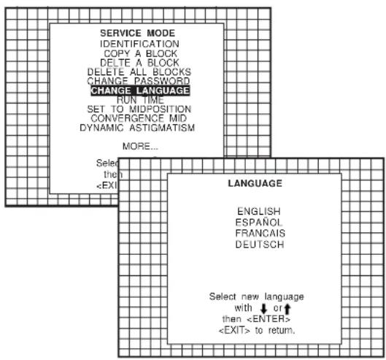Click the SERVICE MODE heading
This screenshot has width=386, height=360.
[137, 33]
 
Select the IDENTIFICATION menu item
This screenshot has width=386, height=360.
[139, 44]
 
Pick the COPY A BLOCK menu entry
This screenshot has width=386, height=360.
[140, 53]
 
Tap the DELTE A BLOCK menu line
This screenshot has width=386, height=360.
[139, 63]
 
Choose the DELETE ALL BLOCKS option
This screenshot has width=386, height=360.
[139, 72]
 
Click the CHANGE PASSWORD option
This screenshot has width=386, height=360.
[139, 81]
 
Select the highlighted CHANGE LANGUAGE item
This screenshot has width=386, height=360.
[140, 91]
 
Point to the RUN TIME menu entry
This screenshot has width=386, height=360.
[140, 100]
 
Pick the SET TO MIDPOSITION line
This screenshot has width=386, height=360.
[139, 109]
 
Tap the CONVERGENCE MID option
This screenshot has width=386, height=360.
[139, 118]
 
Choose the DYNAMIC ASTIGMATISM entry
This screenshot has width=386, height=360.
[137, 128]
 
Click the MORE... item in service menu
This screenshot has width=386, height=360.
[140, 146]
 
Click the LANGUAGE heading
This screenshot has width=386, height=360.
[255, 183]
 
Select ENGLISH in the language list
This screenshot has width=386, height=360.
[259, 212]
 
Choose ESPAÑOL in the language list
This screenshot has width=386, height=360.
[258, 222]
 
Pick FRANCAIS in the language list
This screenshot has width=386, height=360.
[260, 233]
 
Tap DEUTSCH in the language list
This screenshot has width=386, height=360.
[260, 245]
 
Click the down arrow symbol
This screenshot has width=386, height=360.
[264, 308]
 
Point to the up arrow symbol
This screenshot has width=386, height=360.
[287, 309]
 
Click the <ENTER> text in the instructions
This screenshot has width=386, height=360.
[269, 319]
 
